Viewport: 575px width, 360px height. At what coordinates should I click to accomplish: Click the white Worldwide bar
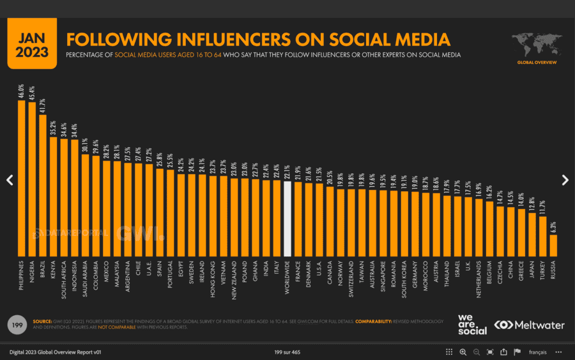click(x=287, y=219)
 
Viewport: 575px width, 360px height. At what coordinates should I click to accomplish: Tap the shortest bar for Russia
click(x=553, y=245)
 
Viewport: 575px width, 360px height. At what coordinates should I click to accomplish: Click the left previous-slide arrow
click(x=10, y=180)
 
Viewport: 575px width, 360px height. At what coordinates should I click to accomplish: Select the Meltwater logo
click(x=530, y=325)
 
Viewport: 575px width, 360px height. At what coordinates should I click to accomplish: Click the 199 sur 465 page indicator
click(x=287, y=352)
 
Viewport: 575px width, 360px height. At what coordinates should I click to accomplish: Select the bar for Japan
click(x=532, y=234)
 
